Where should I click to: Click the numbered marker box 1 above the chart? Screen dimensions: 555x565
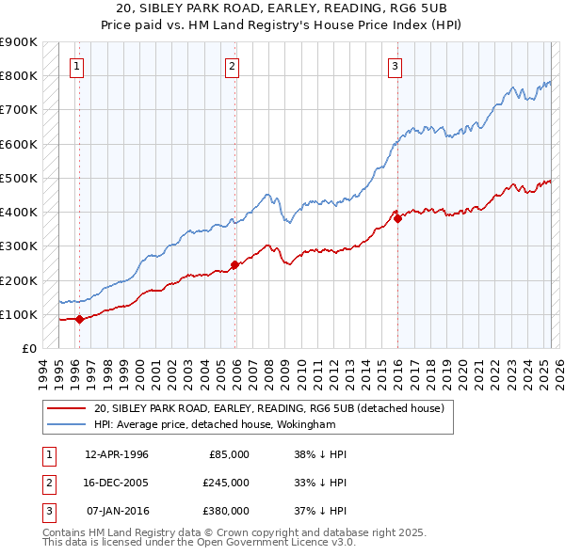[76, 66]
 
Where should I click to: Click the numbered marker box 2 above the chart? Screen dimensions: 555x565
[232, 66]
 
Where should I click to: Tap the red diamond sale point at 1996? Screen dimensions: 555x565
[79, 319]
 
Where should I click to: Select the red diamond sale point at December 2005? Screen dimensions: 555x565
[234, 264]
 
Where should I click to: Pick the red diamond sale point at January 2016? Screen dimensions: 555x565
[397, 218]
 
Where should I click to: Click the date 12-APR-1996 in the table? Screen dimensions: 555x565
[117, 454]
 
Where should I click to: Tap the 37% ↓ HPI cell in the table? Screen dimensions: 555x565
[320, 511]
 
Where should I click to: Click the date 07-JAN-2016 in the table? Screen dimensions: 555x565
[117, 511]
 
